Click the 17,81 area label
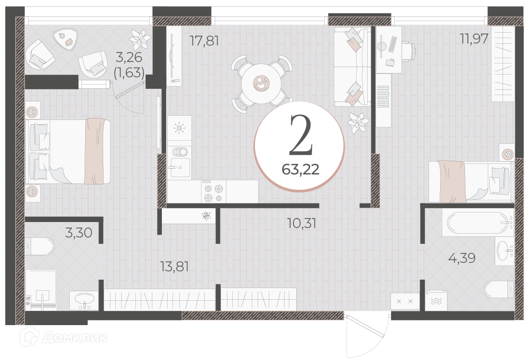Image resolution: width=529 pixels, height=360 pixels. pos(204,41)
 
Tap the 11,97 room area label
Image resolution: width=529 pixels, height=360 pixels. pos(475,39)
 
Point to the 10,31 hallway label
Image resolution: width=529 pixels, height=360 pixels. pos(302,223)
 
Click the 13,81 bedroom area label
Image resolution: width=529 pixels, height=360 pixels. pos(175,266)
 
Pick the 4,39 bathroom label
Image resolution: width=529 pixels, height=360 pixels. pos(462,258)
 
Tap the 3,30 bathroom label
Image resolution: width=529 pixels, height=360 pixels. pos(79,233)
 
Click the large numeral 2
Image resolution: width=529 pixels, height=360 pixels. pos(302,135)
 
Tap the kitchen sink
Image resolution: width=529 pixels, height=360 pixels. pos(180,167)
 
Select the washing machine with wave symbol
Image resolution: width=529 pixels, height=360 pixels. pos(436,301)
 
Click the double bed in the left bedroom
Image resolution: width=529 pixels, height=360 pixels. pos(68,151)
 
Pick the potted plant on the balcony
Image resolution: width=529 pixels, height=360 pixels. pos(140,39)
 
